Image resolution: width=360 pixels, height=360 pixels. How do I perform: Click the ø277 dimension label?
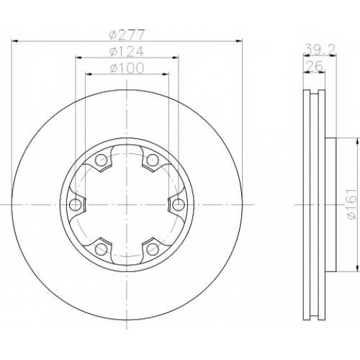tap(127, 35)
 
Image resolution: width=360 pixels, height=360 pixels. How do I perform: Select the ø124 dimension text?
tap(127, 51)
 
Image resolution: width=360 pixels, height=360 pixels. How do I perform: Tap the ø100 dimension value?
tap(127, 68)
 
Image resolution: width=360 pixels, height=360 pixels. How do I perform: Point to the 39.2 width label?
tap(319, 50)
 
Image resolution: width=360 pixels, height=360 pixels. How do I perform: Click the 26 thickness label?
tap(314, 66)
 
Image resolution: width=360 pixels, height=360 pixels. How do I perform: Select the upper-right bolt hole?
tap(153, 160)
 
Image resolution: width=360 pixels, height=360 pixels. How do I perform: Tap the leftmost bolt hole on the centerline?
tap(75, 204)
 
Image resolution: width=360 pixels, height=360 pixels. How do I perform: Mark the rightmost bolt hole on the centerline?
tap(179, 204)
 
